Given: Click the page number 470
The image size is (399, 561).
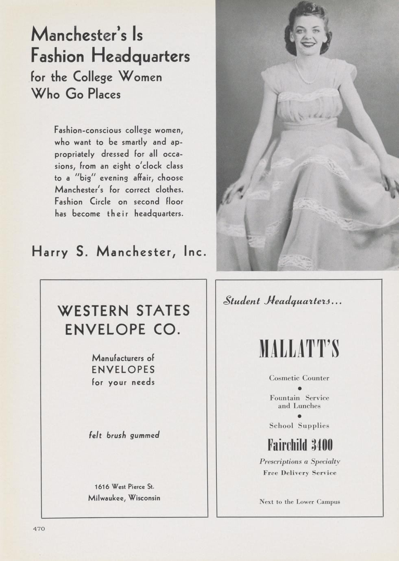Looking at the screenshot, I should pyautogui.click(x=39, y=528).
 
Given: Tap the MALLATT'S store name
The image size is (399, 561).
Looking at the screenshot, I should pyautogui.click(x=299, y=349).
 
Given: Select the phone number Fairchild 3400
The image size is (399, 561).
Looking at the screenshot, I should pyautogui.click(x=300, y=445).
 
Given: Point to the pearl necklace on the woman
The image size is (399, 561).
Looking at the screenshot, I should pyautogui.click(x=307, y=75).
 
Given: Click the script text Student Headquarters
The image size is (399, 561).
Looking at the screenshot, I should pyautogui.click(x=282, y=301).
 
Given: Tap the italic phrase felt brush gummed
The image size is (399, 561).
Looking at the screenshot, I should pyautogui.click(x=124, y=435).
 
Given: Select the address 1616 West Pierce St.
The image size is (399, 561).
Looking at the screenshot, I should pyautogui.click(x=124, y=487).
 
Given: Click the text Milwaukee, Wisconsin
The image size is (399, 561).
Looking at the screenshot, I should pyautogui.click(x=124, y=498).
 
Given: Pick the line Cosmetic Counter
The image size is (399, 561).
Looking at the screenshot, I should pyautogui.click(x=299, y=378).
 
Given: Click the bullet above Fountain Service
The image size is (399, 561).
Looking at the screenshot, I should pyautogui.click(x=299, y=388).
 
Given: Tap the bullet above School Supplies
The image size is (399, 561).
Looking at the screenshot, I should pyautogui.click(x=299, y=416).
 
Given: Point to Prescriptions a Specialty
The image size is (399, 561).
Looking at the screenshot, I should pyautogui.click(x=300, y=461).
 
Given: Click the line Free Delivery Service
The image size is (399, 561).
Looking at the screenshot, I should pyautogui.click(x=300, y=473).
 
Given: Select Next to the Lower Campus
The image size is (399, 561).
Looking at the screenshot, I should pyautogui.click(x=300, y=502).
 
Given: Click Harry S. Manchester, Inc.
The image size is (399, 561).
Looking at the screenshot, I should pyautogui.click(x=119, y=252).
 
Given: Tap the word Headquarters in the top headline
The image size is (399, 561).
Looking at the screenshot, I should pyautogui.click(x=140, y=56).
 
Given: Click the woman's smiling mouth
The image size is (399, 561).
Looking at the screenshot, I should pyautogui.click(x=308, y=44).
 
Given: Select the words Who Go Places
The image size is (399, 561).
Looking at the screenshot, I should pyautogui.click(x=76, y=94).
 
